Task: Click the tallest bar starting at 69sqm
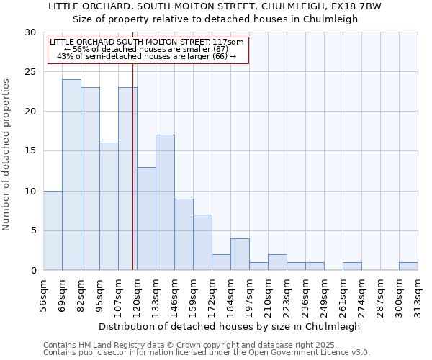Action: [71, 175]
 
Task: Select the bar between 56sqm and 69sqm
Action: [53, 230]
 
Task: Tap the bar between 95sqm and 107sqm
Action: [109, 207]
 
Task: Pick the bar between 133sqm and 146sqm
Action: [165, 202]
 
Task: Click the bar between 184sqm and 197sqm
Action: [240, 254]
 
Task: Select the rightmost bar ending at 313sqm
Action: [408, 266]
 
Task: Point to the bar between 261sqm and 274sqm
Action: [352, 266]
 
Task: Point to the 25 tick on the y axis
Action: [31, 72]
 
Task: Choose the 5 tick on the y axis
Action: [33, 230]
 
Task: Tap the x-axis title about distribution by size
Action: [230, 326]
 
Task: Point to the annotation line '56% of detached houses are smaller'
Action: [147, 49]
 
